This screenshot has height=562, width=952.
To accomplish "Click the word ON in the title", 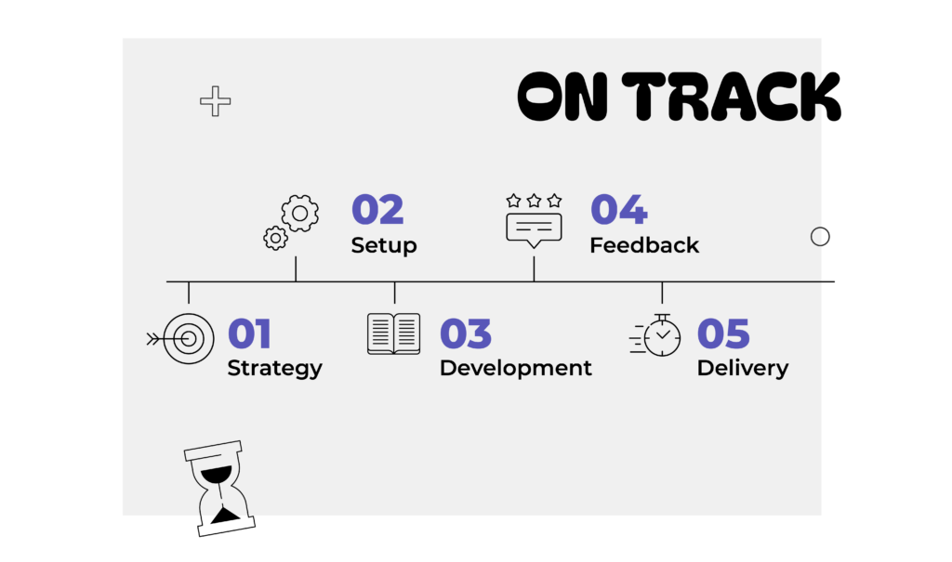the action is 562,97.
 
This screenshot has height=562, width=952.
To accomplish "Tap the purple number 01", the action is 249,333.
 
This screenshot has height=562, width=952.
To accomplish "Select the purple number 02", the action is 377,210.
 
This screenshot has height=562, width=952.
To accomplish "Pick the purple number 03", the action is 466,333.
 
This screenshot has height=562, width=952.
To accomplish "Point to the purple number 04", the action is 618,210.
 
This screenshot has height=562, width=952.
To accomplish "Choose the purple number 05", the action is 723,333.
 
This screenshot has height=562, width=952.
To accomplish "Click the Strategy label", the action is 274,369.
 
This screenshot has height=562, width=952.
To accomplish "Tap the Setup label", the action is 384,245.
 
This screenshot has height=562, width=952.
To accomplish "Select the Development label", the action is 515,369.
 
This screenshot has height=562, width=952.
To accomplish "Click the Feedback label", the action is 644,245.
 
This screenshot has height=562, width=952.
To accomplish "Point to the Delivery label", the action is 743,369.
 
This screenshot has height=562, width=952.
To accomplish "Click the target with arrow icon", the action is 181,339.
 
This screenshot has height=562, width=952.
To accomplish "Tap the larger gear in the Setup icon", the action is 300,213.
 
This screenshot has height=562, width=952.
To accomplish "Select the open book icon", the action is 393,333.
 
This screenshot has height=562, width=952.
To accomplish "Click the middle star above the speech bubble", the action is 534,201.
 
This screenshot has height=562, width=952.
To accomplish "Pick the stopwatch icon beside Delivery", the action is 655,335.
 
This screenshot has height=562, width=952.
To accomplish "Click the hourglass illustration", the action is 219,489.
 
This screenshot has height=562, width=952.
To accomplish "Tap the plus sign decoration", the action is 216,100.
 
